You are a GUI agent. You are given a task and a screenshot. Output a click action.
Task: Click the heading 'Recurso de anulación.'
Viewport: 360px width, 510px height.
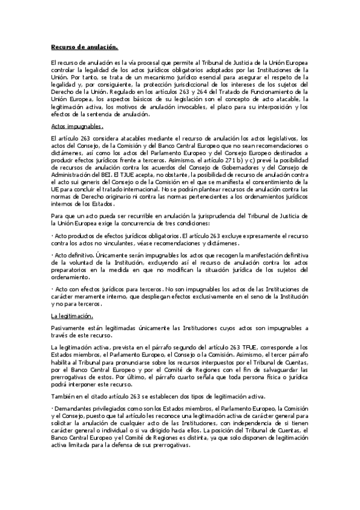tap(84, 47)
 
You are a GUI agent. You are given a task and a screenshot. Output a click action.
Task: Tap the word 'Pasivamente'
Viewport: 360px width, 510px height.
tap(67, 327)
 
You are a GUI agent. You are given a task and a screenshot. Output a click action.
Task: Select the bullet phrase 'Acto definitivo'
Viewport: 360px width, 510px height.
tap(73, 256)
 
